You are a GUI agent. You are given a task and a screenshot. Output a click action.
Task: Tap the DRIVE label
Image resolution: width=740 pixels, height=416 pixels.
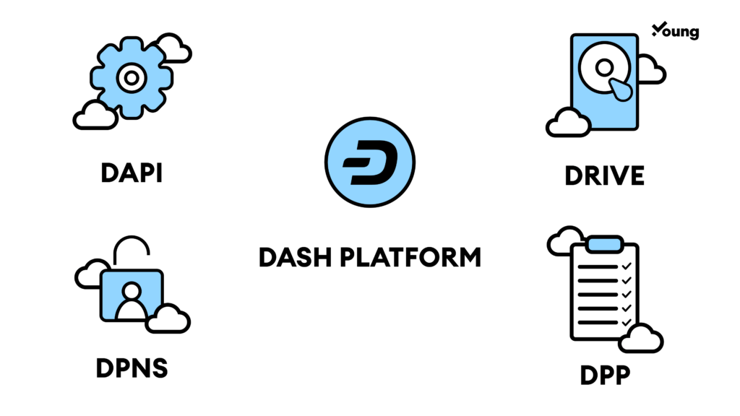(604, 175)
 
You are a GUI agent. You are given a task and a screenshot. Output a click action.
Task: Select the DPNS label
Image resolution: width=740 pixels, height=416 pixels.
(132, 368)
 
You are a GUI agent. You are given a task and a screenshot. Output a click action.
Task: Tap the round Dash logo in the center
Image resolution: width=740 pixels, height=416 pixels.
(369, 163)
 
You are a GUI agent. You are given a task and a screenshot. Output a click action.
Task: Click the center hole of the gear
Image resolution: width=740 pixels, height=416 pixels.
(132, 77)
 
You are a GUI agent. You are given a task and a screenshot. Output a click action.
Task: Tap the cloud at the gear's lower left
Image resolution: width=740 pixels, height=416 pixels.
(95, 116)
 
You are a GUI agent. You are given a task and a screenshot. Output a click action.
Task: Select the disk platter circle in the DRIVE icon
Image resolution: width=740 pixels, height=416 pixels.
(604, 68)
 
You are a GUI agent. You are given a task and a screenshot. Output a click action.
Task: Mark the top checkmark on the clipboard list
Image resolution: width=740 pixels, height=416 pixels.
(626, 267)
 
